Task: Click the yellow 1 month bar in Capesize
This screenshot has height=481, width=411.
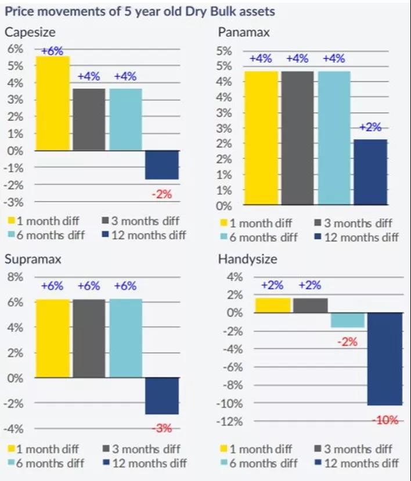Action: click(x=53, y=103)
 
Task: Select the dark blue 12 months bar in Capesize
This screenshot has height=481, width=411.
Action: click(x=161, y=165)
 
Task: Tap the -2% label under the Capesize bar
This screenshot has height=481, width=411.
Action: click(x=161, y=194)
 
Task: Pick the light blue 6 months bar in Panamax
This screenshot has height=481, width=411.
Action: click(x=334, y=138)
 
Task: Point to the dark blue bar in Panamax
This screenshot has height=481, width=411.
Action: click(x=370, y=172)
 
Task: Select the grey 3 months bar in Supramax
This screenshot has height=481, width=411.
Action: click(x=89, y=338)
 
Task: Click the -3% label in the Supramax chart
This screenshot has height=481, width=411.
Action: click(x=161, y=429)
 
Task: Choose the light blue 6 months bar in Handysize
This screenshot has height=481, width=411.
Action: click(x=348, y=320)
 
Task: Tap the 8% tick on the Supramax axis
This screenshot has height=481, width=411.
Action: click(x=15, y=277)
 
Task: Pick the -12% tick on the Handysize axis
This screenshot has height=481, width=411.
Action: click(x=230, y=421)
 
